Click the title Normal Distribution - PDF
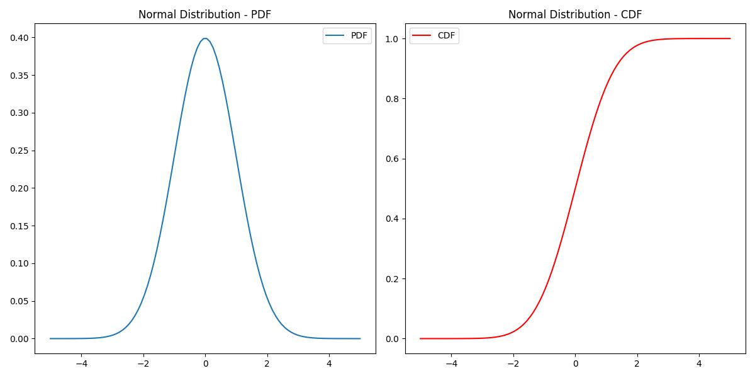click(x=205, y=14)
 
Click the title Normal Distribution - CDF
click(x=575, y=14)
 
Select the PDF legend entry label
click(x=359, y=36)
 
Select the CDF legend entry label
click(x=446, y=36)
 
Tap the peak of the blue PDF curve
click(x=205, y=38)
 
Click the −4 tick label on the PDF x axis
click(x=81, y=363)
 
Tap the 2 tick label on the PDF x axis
click(x=267, y=363)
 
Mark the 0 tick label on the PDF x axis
click(x=205, y=363)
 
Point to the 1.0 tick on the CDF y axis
click(x=393, y=39)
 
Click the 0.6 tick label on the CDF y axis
click(x=393, y=159)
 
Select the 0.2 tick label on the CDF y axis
click(x=393, y=279)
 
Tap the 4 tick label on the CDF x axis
click(x=699, y=363)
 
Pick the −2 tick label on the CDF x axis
click(x=513, y=363)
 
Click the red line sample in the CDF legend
click(x=423, y=36)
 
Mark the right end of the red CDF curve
click(x=730, y=38)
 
